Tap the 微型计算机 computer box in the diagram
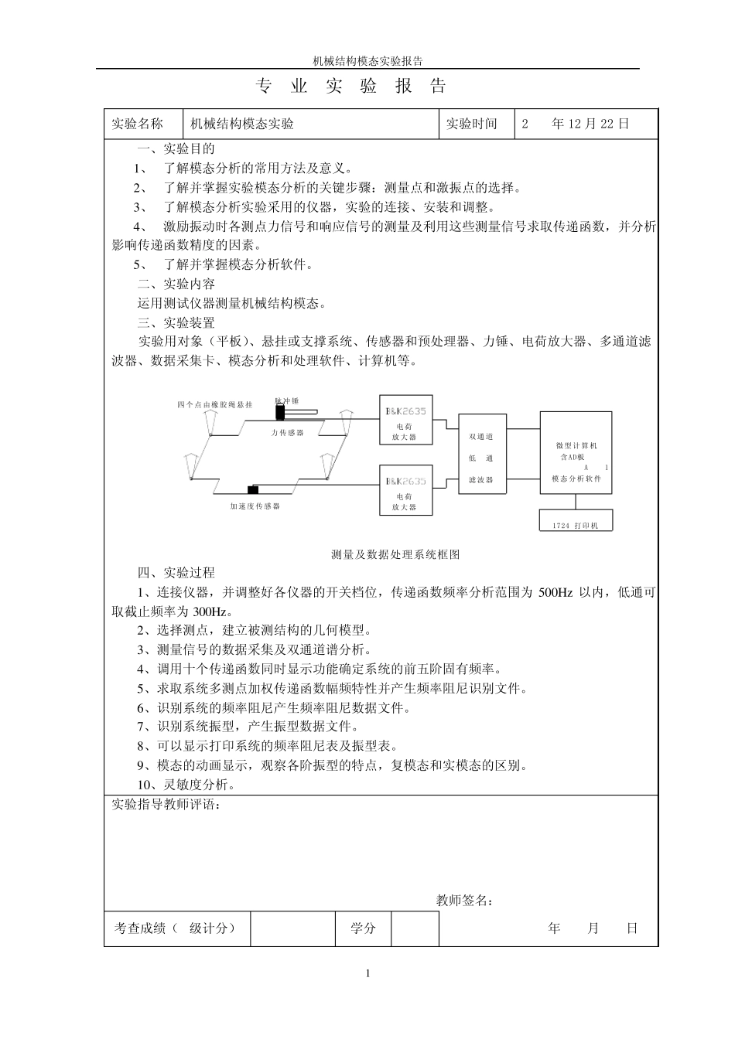(576, 456)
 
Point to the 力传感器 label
(287, 433)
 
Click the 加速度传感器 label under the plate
(255, 506)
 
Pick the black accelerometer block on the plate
(252, 489)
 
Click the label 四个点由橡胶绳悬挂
(214, 404)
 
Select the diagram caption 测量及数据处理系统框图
(395, 554)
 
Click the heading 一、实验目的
(176, 149)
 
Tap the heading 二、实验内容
(176, 284)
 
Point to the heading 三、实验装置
(176, 322)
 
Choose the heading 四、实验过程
(176, 573)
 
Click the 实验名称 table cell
(138, 124)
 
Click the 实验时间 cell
(471, 124)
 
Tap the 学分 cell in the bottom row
(363, 928)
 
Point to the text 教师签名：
(465, 900)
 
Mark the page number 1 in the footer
(368, 973)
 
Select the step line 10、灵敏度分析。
(186, 785)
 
